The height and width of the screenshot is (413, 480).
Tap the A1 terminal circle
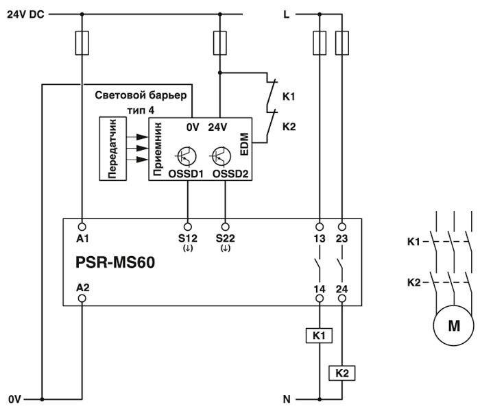click(82, 225)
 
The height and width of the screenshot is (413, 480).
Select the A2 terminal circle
click(82, 299)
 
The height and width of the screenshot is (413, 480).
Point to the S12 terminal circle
click(189, 225)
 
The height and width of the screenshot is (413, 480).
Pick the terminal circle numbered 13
click(319, 225)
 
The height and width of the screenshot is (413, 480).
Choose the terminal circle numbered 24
click(341, 299)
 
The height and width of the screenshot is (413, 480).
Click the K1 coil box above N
click(320, 336)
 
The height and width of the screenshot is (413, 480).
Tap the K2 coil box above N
click(341, 373)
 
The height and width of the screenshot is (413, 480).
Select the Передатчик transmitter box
click(114, 148)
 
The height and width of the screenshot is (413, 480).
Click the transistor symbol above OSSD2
click(221, 156)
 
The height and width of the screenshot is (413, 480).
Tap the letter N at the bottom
click(287, 399)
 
